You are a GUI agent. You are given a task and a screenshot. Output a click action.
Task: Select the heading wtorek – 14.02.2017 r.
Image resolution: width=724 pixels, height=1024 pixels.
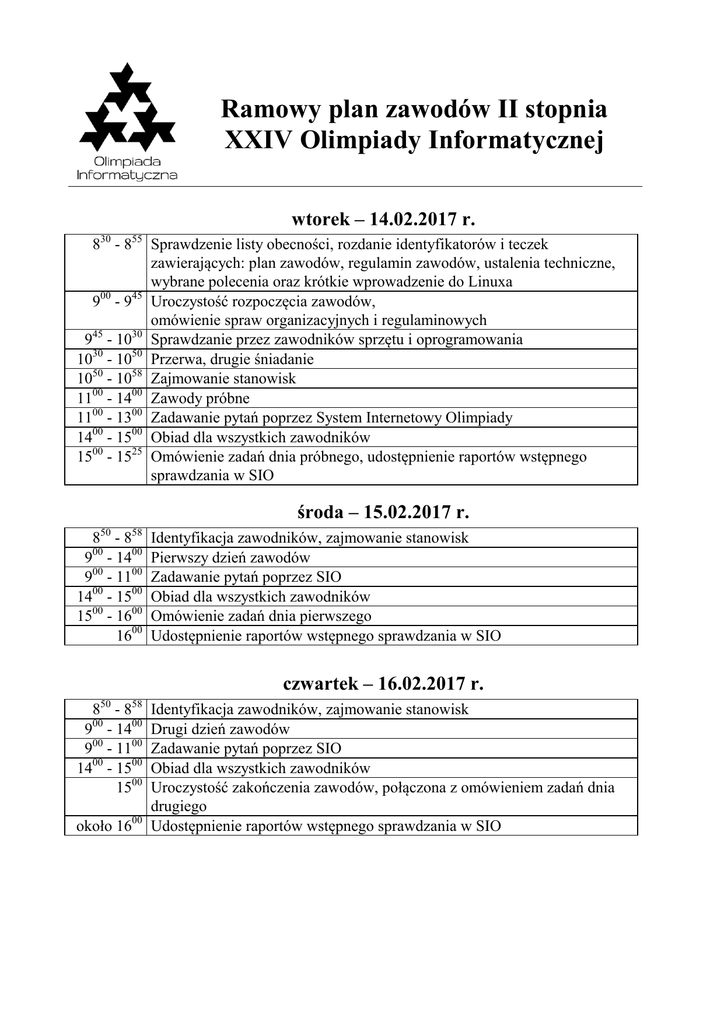tap(380, 218)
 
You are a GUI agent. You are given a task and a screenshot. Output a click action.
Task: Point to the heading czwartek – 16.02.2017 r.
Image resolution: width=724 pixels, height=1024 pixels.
tap(383, 685)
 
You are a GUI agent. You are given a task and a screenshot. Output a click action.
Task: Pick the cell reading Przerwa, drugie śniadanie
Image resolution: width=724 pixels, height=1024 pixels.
tap(232, 359)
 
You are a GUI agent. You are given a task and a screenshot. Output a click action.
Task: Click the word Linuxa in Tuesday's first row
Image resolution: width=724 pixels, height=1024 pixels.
tap(486, 282)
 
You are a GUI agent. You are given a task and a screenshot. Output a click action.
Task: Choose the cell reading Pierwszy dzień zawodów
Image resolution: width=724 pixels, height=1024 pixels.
tap(230, 558)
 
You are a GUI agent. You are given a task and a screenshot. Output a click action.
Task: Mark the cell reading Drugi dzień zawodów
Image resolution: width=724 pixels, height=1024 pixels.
tap(220, 729)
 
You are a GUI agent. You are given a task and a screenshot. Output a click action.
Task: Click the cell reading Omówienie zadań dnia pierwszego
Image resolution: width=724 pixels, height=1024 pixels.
tap(261, 616)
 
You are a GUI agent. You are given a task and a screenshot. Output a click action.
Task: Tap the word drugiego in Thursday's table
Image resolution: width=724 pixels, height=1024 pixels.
tap(179, 806)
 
